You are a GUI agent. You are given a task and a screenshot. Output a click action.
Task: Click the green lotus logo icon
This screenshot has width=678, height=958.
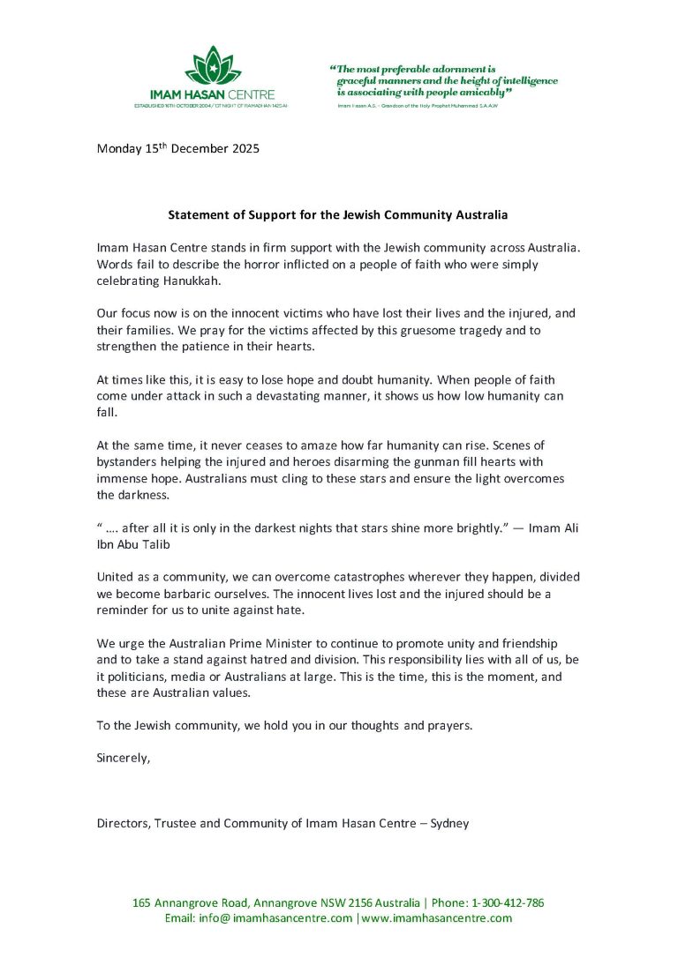tap(212, 65)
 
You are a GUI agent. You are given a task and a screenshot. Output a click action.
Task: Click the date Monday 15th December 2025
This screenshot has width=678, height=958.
tap(177, 148)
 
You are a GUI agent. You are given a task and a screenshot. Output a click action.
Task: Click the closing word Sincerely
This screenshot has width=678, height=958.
tap(124, 758)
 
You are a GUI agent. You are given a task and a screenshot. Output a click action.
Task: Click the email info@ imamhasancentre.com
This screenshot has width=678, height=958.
tap(258, 918)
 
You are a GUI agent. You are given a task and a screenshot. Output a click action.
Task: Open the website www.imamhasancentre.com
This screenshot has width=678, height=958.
tap(436, 918)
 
